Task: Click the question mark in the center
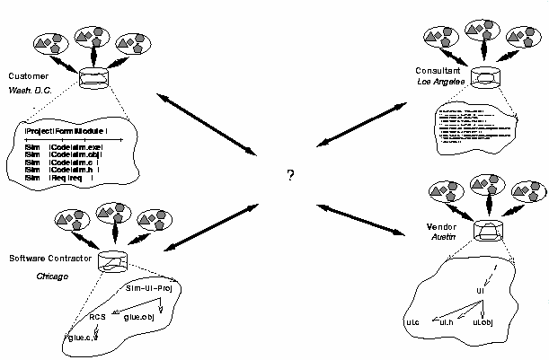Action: pos(290,174)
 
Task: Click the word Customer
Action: pos(25,75)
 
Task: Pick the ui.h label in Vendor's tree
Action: pos(444,320)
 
